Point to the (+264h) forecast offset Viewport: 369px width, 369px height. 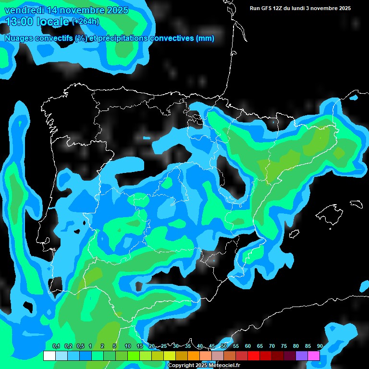(85, 21)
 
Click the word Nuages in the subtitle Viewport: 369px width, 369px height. (19, 38)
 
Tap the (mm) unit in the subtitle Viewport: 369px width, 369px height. (205, 38)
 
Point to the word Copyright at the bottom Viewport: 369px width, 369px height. (181, 366)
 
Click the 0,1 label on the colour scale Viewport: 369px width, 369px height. (56, 346)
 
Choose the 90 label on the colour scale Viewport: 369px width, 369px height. (320, 346)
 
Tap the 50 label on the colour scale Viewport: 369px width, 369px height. (224, 346)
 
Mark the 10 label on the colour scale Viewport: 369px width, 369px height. (128, 346)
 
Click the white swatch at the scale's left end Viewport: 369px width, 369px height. (49, 356)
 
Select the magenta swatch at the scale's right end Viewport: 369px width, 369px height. (314, 356)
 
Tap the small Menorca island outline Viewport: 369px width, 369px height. (356, 203)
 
